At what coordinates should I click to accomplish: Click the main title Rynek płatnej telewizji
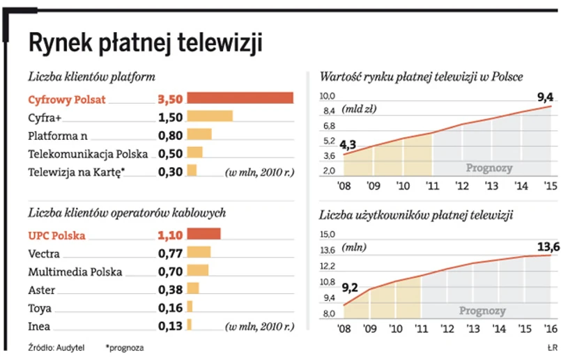[145, 44]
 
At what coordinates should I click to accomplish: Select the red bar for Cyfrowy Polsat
[240, 98]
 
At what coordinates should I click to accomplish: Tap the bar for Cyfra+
[209, 116]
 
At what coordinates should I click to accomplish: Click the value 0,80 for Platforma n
[171, 134]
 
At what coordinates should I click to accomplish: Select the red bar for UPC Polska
[203, 235]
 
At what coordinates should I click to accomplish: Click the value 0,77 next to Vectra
[171, 253]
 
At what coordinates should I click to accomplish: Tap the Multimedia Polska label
[75, 272]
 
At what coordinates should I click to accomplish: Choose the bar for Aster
[193, 289]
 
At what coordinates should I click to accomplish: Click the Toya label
[40, 307]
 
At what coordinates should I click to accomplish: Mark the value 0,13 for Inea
[171, 325]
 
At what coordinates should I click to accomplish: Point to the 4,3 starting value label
[348, 144]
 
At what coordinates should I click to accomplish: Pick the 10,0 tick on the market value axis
[328, 96]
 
